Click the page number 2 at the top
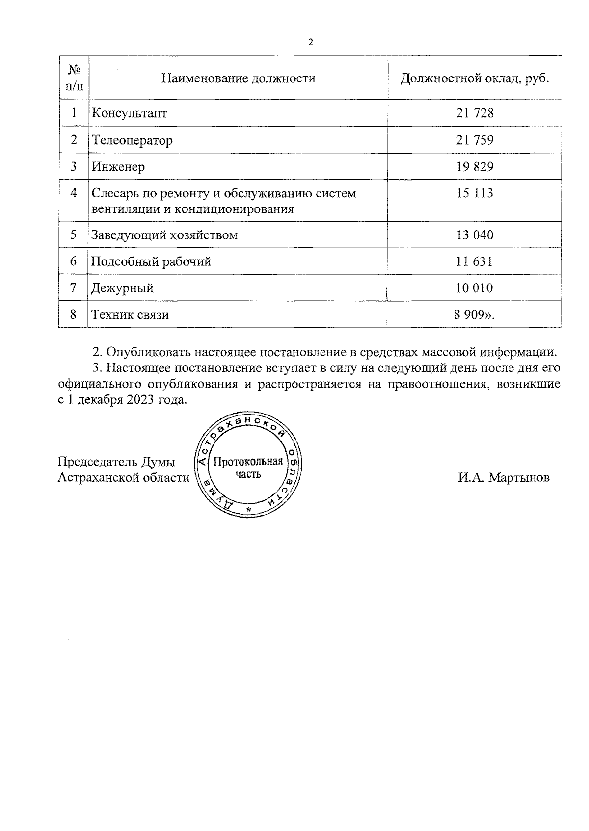pyautogui.click(x=310, y=42)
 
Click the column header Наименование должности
pyautogui.click(x=239, y=78)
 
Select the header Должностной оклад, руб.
pyautogui.click(x=474, y=78)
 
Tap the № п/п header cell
pyautogui.click(x=74, y=78)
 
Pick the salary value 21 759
pyautogui.click(x=475, y=140)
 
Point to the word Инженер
pyautogui.click(x=118, y=167)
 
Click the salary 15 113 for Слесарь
pyautogui.click(x=475, y=193)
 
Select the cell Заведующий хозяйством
pyautogui.click(x=164, y=235)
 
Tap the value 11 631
pyautogui.click(x=475, y=261)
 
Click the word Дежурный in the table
pyautogui.click(x=123, y=288)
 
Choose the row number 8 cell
pyautogui.click(x=74, y=314)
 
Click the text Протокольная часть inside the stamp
pyautogui.click(x=248, y=467)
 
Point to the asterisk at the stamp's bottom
pyautogui.click(x=249, y=511)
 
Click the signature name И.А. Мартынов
pyautogui.click(x=504, y=477)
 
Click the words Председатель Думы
pyautogui.click(x=116, y=462)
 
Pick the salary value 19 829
pyautogui.click(x=475, y=167)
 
